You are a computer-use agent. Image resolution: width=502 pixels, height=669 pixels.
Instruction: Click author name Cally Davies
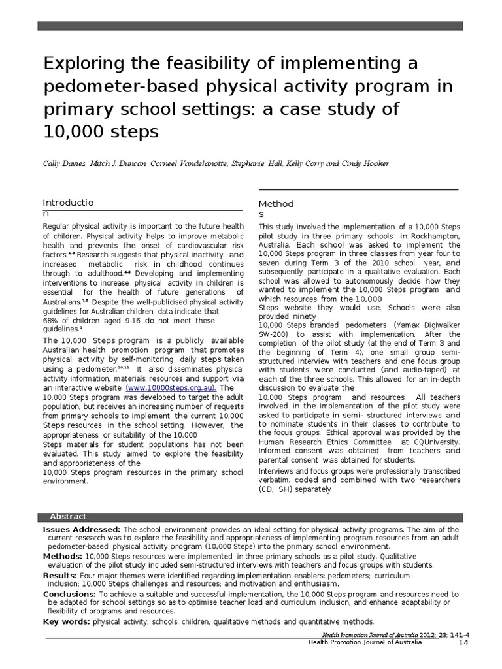pyautogui.click(x=64, y=163)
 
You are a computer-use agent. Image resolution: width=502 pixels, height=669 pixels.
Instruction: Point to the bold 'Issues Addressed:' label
pyautogui.click(x=82, y=529)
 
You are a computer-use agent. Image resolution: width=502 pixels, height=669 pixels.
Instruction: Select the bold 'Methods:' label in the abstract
pyautogui.click(x=63, y=556)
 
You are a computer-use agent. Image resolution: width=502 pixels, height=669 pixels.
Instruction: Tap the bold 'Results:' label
pyautogui.click(x=61, y=576)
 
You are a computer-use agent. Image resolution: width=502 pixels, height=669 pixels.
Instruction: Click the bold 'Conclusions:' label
pyautogui.click(x=70, y=595)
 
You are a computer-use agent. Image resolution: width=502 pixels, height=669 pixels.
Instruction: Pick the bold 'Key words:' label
pyautogui.click(x=67, y=621)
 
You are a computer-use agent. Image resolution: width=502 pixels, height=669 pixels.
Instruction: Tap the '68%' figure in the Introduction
pyautogui.click(x=52, y=321)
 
